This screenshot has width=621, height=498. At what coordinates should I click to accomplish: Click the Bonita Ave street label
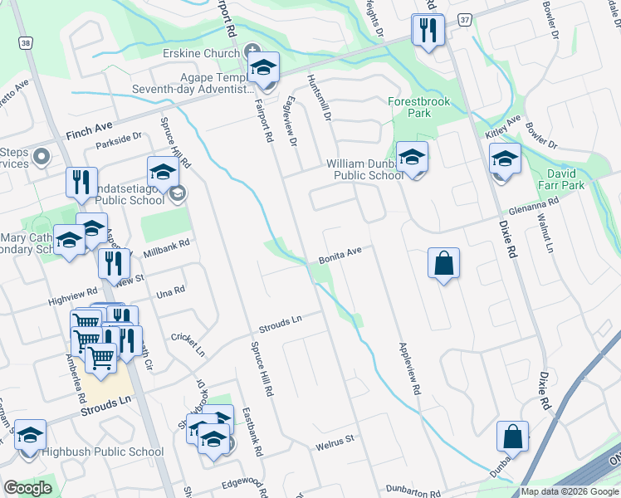tap(340, 255)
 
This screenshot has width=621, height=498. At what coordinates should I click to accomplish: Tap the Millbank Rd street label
tap(167, 247)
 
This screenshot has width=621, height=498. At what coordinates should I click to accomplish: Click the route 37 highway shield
tap(465, 20)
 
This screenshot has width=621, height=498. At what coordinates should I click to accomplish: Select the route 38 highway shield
tap(26, 42)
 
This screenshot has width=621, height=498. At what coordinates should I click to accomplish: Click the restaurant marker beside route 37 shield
tap(428, 32)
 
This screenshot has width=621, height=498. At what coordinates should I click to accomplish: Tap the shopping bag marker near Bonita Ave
tap(444, 263)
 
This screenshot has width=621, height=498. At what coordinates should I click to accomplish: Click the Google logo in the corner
tap(27, 488)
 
